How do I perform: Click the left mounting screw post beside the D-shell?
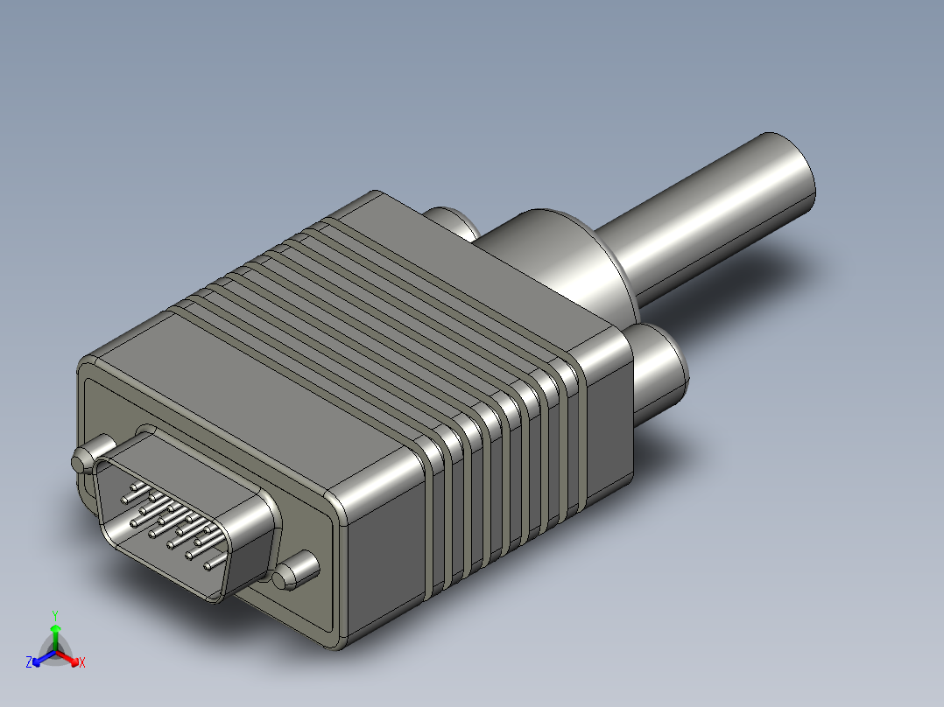[x=82, y=461]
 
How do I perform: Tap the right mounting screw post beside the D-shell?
[x=296, y=573]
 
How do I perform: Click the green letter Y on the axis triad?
[x=54, y=615]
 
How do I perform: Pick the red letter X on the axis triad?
[x=82, y=663]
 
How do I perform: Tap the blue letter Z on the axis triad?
[x=29, y=662]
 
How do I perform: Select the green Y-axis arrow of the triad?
[x=55, y=636]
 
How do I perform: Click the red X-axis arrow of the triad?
[x=70, y=657]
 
